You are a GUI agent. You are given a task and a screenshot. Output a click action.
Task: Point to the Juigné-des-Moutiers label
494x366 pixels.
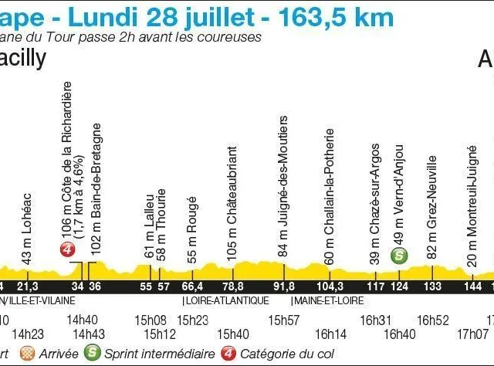[x=284, y=186]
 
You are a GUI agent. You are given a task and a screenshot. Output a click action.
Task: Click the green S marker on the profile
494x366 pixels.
[x=399, y=256]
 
